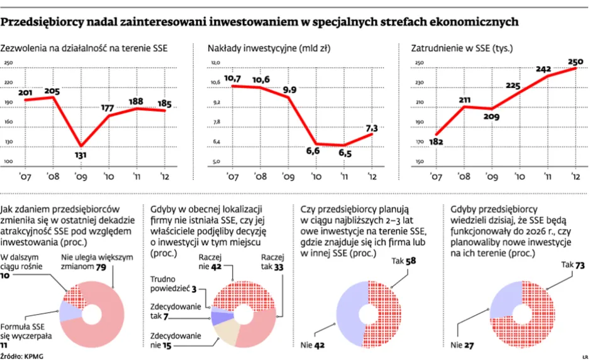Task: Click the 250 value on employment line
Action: pos(576,61)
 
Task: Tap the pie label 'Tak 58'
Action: pos(403,260)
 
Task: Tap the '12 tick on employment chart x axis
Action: pos(574,176)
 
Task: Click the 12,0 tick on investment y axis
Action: pos(216,63)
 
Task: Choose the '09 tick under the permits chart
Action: pos(79,176)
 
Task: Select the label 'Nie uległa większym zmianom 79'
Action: pos(97,262)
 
